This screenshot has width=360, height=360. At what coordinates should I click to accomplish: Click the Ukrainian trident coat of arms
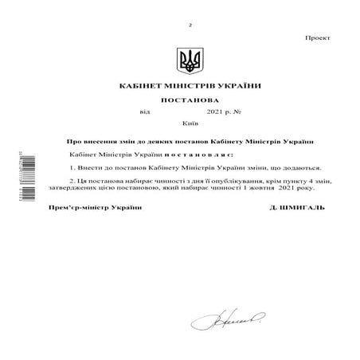(x=189, y=60)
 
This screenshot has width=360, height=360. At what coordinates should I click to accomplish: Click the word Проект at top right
(x=319, y=38)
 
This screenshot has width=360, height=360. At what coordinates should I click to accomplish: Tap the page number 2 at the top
(x=190, y=25)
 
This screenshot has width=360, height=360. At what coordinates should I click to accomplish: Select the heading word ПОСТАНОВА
(x=190, y=101)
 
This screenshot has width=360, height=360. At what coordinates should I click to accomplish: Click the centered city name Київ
(x=190, y=126)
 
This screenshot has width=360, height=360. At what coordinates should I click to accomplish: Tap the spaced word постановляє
(x=199, y=153)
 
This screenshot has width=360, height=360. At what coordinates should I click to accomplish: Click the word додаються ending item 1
(x=300, y=168)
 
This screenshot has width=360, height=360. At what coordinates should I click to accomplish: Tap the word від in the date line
(x=144, y=114)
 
